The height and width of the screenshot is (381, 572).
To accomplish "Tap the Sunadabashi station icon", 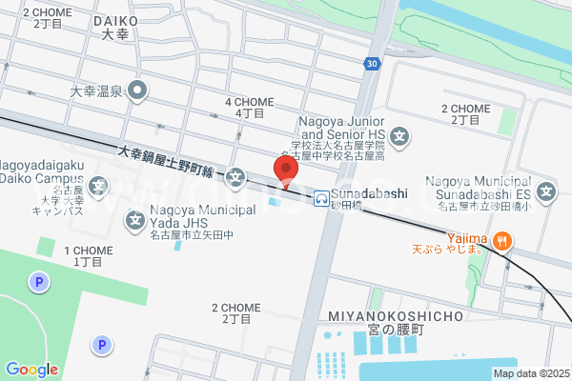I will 322,198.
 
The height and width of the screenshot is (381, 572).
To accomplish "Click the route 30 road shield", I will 372,64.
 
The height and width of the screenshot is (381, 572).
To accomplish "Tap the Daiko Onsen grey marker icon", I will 138,91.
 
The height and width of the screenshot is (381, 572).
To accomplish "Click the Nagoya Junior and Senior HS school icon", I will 400,137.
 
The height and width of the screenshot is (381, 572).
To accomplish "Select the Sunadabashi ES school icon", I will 546,194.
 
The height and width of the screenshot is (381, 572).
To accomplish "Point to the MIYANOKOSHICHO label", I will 395,315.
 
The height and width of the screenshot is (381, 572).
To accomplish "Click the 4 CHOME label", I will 249,102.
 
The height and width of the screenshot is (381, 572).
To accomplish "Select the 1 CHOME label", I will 88,251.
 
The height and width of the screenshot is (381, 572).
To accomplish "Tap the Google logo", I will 31,370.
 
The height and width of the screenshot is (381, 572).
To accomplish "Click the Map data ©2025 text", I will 530,373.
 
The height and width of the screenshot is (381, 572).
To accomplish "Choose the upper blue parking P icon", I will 38,282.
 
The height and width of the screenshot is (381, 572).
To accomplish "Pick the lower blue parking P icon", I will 101,345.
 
